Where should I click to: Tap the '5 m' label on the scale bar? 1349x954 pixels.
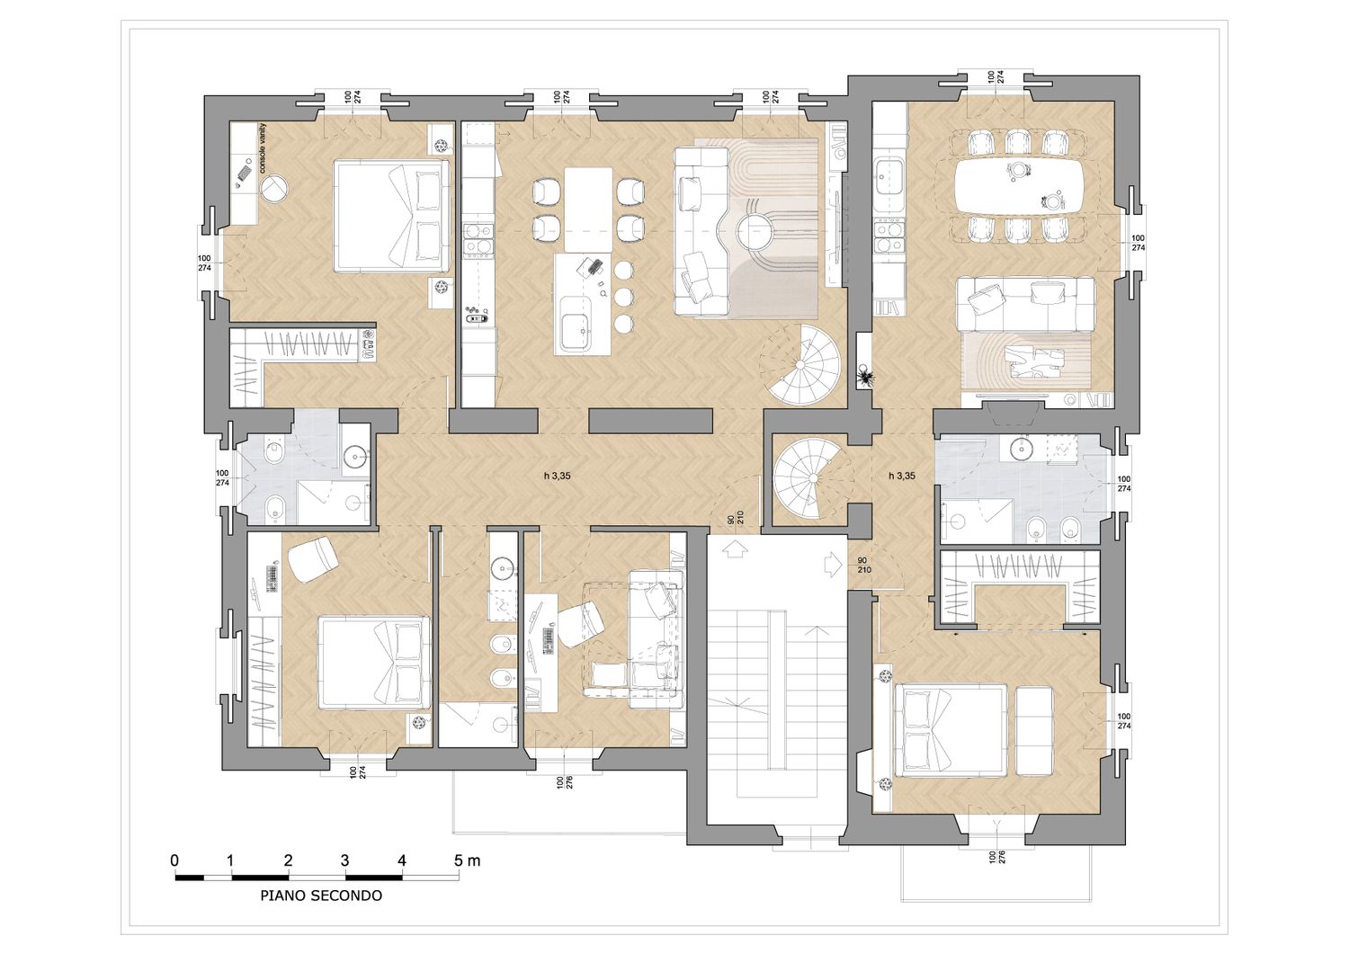(x=468, y=860)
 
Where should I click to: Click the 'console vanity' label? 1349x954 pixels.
(x=262, y=148)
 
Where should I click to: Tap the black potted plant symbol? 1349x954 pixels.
(x=865, y=377)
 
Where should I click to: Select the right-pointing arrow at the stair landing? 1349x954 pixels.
(x=833, y=565)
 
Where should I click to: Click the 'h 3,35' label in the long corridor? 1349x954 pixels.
(x=557, y=476)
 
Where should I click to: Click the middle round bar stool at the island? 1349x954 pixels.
(x=624, y=296)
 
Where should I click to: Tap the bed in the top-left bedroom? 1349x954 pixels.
(x=392, y=216)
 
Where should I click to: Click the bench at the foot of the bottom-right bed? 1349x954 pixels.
(x=1034, y=730)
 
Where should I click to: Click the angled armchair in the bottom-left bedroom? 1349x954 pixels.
(x=311, y=558)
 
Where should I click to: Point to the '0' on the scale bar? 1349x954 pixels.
(x=174, y=860)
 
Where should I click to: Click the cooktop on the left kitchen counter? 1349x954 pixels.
(x=478, y=240)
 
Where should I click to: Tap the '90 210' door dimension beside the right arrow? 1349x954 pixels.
(x=863, y=565)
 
